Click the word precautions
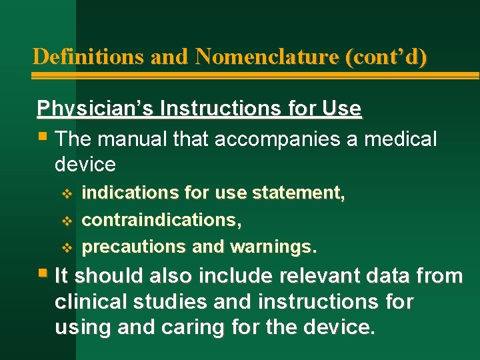point(134,247)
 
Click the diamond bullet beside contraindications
point(65,220)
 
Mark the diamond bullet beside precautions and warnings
point(65,247)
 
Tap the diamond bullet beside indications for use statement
point(65,193)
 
